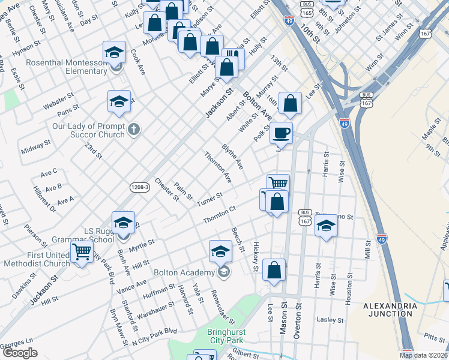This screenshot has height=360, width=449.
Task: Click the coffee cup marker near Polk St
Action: (281, 133)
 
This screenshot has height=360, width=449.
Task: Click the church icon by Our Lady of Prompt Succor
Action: (134, 128)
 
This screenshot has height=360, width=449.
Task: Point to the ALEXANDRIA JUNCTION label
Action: (390, 310)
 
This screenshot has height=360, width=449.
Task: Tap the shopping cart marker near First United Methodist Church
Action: (82, 252)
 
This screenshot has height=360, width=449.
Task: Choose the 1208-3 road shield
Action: (139, 188)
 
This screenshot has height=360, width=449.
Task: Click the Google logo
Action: (19, 353)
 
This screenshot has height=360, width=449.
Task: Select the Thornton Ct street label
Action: (219, 215)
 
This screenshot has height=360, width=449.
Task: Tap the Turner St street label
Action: (209, 199)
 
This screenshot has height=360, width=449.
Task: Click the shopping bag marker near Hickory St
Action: (274, 271)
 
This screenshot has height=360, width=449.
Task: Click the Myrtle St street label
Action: (142, 245)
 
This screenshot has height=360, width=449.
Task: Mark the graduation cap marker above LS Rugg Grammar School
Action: (123, 223)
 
